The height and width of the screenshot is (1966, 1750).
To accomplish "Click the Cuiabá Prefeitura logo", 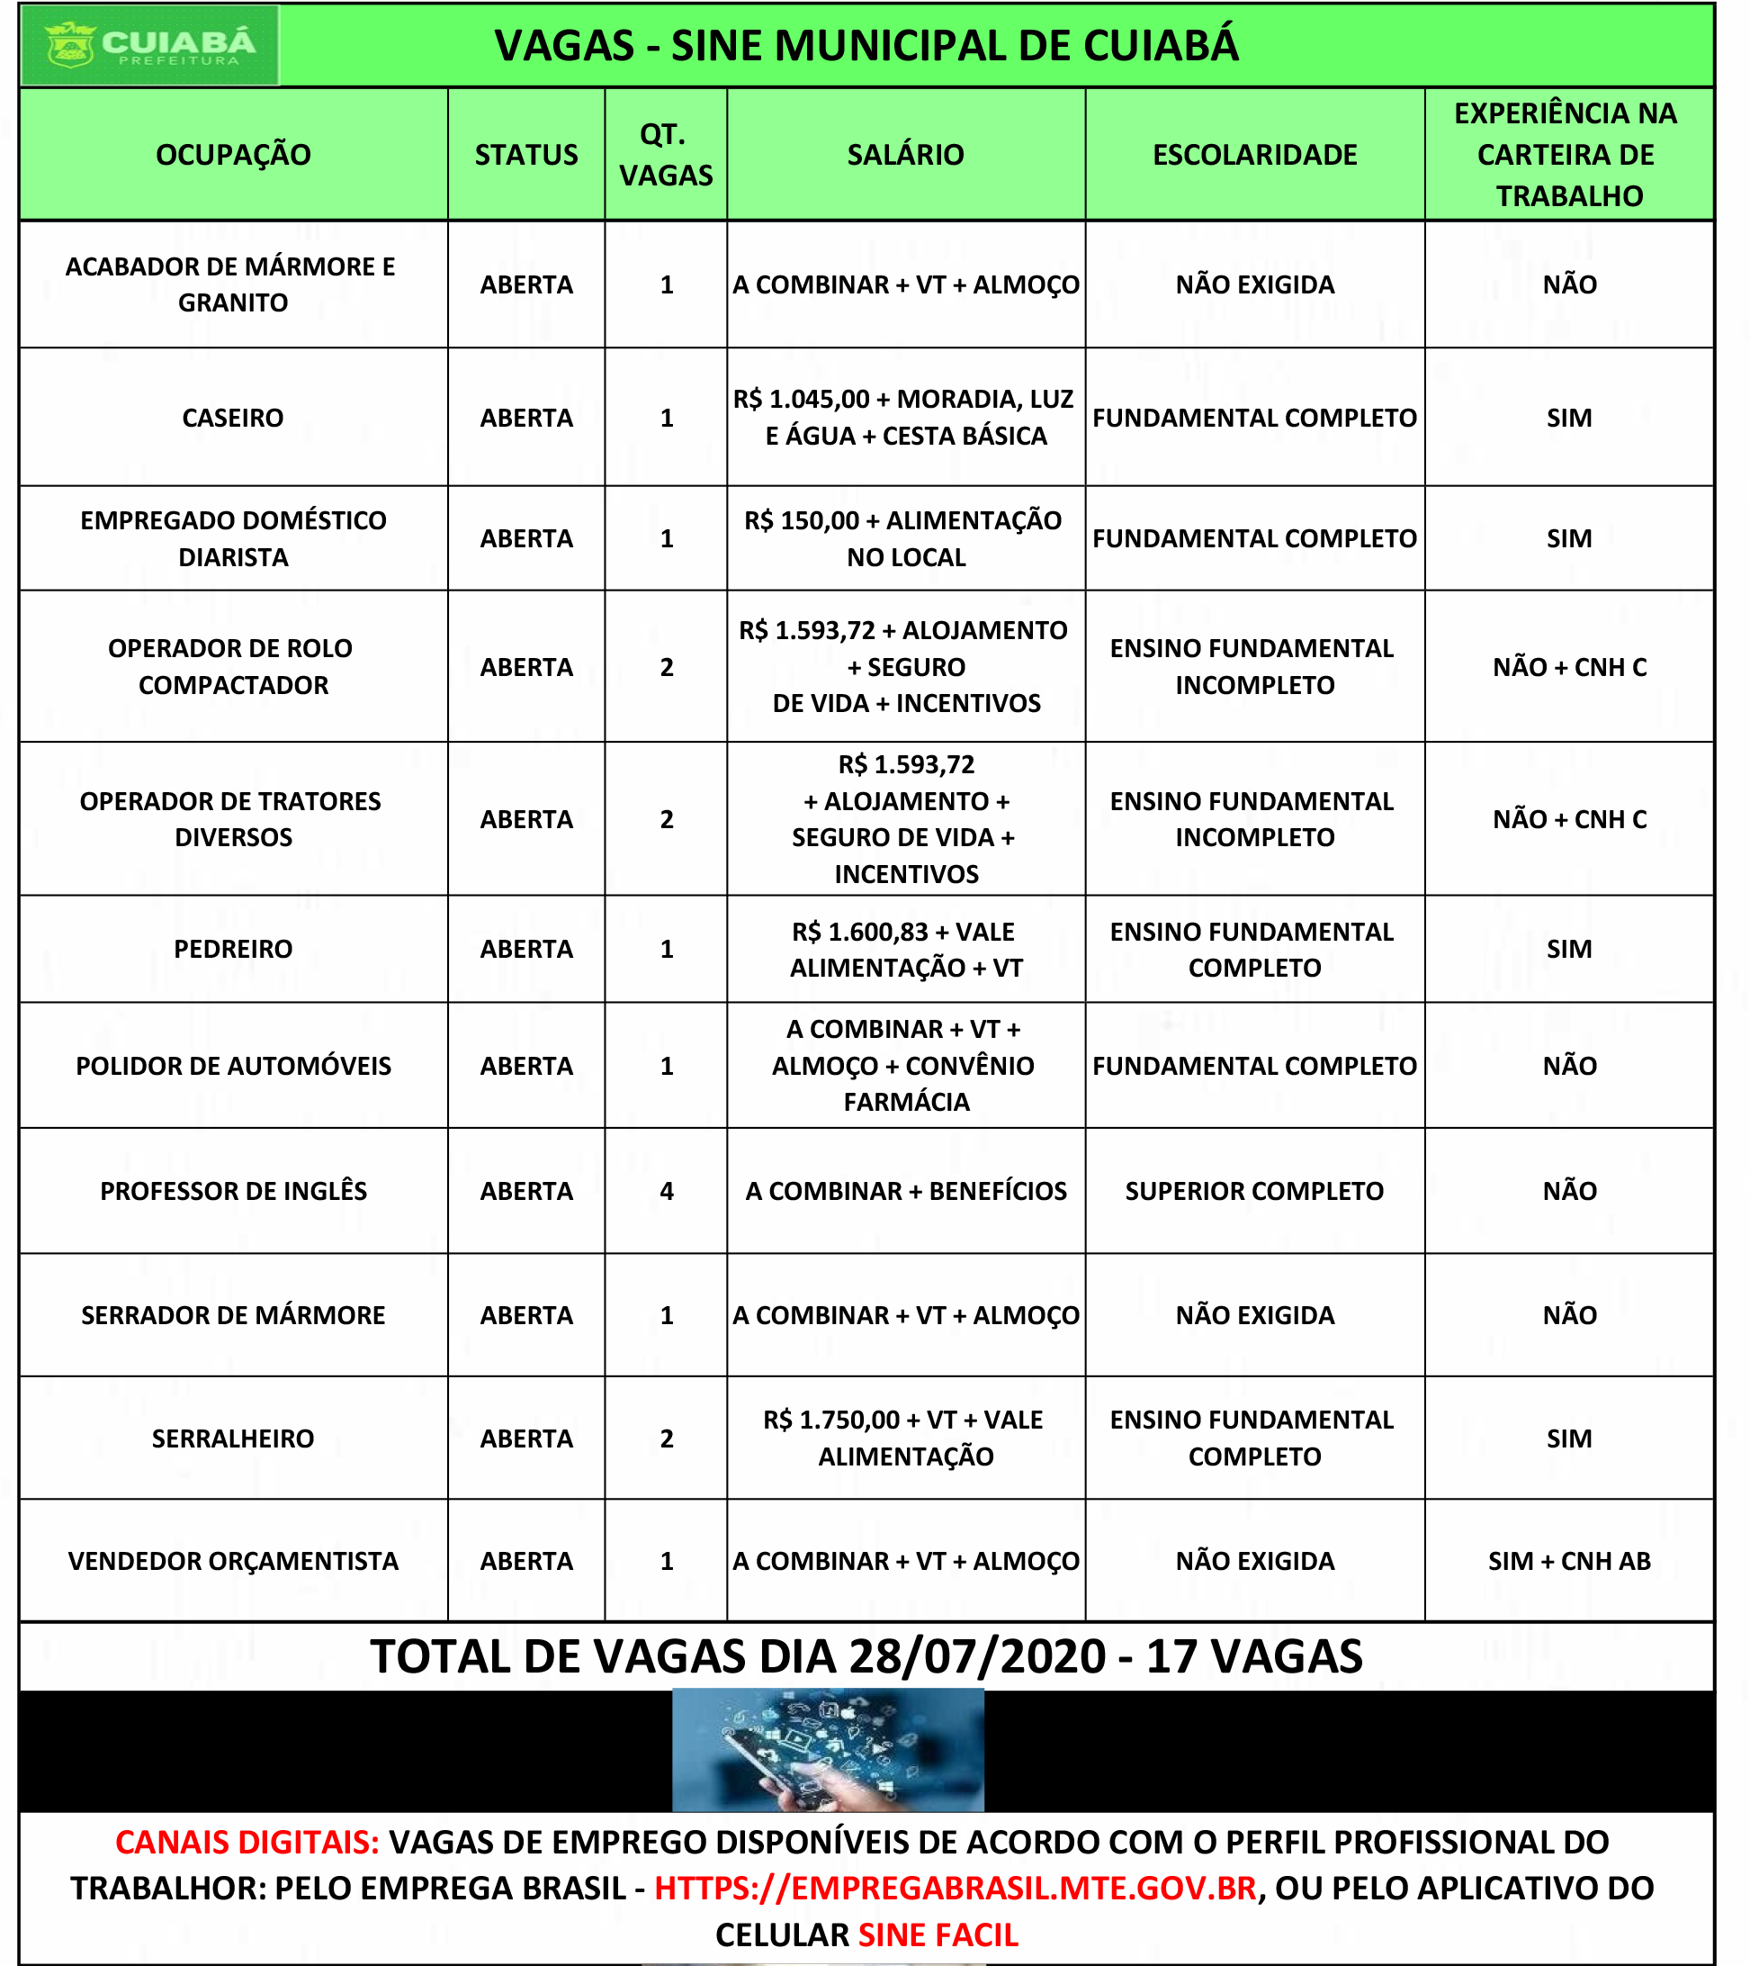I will click(150, 45).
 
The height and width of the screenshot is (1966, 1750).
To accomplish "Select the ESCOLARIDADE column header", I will click(1254, 155).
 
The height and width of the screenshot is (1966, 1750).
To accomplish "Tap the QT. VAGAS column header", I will click(666, 155).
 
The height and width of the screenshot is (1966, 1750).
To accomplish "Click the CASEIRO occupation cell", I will click(233, 418).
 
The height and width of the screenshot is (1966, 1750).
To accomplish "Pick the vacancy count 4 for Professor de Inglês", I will click(667, 1191).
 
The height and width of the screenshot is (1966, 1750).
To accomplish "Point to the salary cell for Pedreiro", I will click(906, 950).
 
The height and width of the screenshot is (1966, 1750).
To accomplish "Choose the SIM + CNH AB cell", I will click(1569, 1561).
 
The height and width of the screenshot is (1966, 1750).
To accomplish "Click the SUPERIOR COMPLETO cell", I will click(1254, 1191).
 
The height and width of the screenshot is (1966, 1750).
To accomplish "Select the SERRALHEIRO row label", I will click(233, 1438).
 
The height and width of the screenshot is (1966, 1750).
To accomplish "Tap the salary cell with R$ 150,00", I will click(906, 538).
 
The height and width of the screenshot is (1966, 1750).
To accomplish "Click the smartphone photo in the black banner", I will click(828, 1751).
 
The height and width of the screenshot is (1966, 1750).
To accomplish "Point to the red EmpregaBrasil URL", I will click(955, 1888).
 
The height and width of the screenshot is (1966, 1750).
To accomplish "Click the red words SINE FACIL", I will click(938, 1934).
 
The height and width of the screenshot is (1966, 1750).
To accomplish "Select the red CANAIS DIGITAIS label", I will click(247, 1842).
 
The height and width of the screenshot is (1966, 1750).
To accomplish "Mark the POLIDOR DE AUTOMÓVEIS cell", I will click(233, 1066).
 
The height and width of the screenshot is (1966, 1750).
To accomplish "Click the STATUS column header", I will click(526, 155).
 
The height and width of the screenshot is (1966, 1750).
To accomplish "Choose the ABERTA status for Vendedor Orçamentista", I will click(526, 1561).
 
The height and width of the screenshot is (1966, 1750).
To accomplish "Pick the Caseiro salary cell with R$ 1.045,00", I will click(906, 418).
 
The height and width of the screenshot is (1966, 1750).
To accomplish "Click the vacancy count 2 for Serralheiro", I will click(667, 1438).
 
